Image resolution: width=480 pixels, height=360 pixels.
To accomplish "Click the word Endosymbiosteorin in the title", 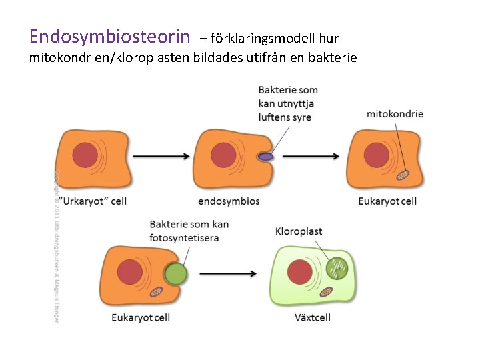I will (x=110, y=35).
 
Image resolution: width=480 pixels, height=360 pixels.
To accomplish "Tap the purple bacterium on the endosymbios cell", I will (x=266, y=157).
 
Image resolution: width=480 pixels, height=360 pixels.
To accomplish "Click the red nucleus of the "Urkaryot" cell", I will (x=85, y=155).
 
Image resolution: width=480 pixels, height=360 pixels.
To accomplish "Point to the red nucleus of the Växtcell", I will (x=299, y=272).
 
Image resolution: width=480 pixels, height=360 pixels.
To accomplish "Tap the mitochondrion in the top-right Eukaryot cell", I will (x=403, y=175).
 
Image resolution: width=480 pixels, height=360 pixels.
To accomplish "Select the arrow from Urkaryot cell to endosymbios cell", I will (x=161, y=157).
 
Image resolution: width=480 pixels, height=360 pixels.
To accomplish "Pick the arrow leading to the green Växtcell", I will (x=229, y=273).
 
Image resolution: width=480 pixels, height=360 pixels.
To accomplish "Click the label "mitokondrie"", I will (x=395, y=114).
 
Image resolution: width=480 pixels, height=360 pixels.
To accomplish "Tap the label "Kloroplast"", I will (x=299, y=231).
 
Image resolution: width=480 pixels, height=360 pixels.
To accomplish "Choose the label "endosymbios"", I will (x=229, y=201).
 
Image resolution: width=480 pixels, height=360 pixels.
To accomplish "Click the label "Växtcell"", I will (x=312, y=317).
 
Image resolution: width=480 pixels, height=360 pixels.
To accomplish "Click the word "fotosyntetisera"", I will (x=184, y=237).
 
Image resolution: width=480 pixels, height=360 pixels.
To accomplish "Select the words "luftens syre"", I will (x=285, y=117).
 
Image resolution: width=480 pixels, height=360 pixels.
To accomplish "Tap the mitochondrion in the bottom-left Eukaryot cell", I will (x=156, y=292).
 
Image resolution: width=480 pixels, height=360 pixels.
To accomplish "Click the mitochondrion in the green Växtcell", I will (x=327, y=291).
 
